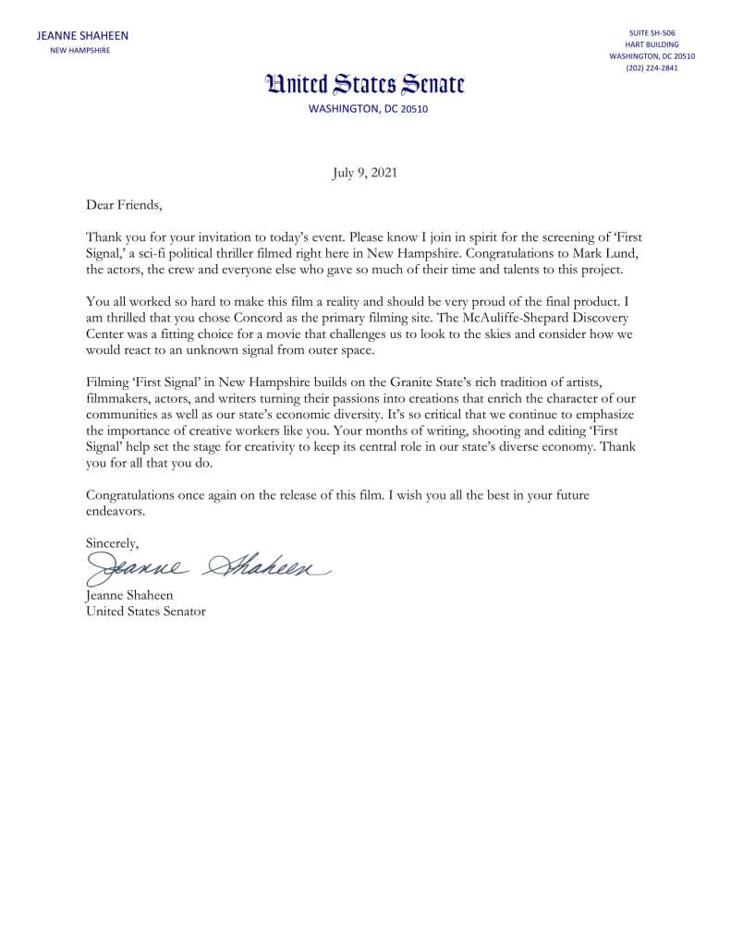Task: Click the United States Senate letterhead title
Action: tap(366, 86)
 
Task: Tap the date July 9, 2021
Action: tap(365, 173)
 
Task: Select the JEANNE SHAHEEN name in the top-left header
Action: tap(82, 36)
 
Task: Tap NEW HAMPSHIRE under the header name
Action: tap(79, 50)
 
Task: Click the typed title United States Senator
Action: tap(145, 611)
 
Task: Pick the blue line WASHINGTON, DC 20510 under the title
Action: tap(366, 109)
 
